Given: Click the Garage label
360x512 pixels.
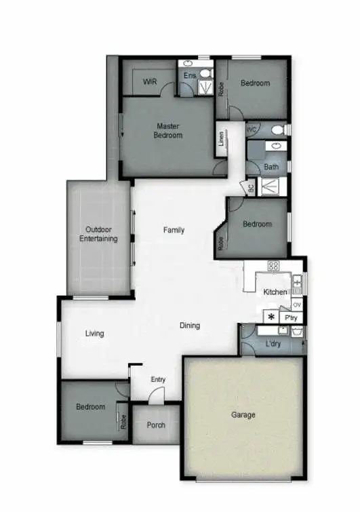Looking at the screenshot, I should point(243,415).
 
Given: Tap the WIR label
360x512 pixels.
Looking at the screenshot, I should point(150,82).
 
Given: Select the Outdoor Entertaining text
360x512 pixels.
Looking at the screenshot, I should point(98,234).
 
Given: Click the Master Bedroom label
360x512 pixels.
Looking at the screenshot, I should point(169,130).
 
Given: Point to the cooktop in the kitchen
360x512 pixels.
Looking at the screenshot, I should point(274,266).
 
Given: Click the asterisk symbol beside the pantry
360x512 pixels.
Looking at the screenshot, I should point(271,317).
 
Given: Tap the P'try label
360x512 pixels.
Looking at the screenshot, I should point(292,317).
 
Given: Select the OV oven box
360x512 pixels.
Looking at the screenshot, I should point(297,304).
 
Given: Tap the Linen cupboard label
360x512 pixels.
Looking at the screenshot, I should point(221,138).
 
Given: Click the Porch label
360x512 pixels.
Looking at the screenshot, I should point(156,425).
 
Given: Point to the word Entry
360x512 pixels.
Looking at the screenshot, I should point(157,380).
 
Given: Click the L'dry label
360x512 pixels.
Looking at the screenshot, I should point(273,344).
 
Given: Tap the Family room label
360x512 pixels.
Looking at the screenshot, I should point(174,230).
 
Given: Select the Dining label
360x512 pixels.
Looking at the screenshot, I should point(190,326).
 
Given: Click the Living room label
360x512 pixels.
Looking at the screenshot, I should point(94,333).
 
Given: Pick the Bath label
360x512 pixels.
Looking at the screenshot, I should point(271,167).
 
